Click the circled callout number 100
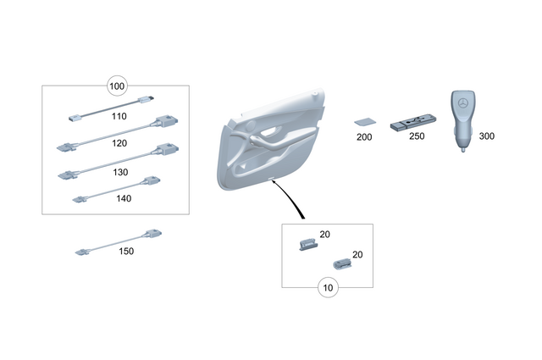(117, 86)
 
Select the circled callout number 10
(328, 288)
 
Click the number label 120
(119, 144)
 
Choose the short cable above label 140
(115, 189)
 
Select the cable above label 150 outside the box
(119, 241)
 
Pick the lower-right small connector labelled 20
(342, 264)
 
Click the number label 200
(364, 137)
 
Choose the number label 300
(487, 136)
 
